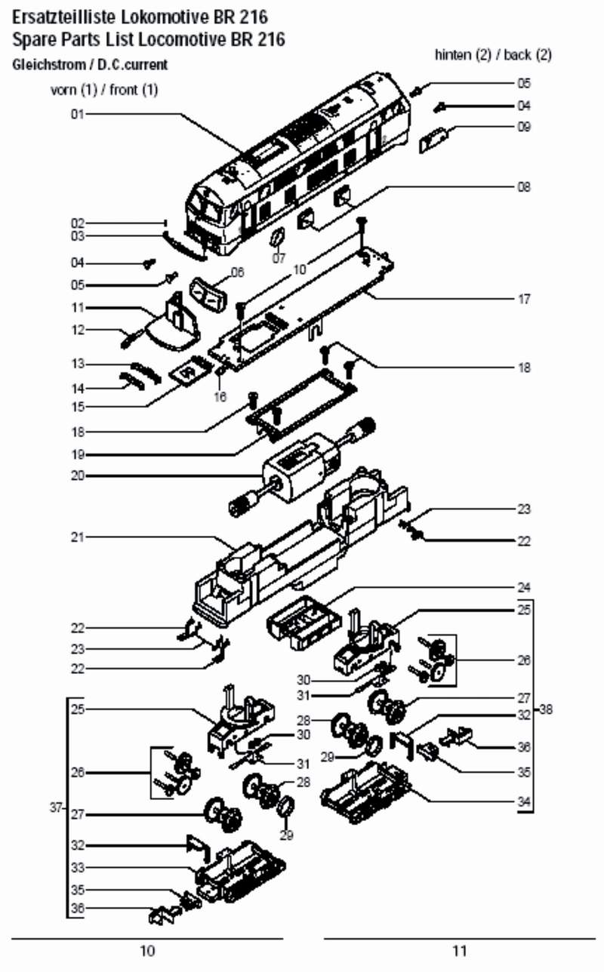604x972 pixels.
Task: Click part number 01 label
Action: (77, 114)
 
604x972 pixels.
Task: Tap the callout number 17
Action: (523, 299)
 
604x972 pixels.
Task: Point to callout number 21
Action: (77, 537)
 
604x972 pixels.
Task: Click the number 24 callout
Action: (523, 586)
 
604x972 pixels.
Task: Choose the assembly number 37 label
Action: (55, 807)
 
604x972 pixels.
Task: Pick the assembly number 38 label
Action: (546, 709)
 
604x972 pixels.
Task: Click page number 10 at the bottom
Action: (148, 951)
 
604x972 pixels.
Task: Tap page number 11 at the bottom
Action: (460, 951)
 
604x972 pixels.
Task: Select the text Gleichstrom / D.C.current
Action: (90, 65)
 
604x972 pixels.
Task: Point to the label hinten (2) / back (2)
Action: (493, 55)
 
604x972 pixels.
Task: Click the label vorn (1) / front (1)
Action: (103, 91)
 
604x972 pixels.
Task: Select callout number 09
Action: (523, 127)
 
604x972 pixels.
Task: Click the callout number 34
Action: (523, 801)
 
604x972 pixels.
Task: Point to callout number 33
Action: (77, 866)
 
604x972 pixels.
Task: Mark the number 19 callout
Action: (77, 454)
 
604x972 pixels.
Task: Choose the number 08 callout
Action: (523, 186)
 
